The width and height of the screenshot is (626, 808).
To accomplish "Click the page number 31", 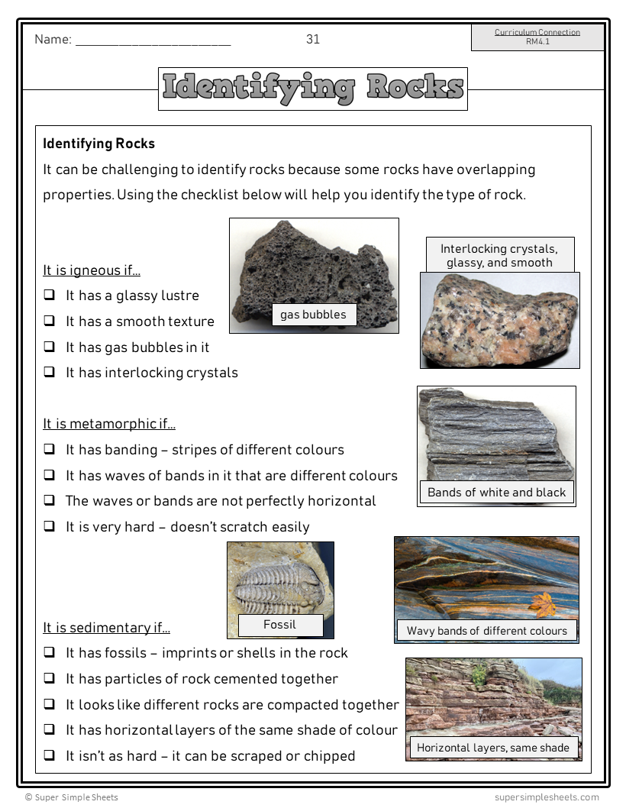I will coord(313,40).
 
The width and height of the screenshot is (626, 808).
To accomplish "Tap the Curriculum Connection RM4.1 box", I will coord(537,37).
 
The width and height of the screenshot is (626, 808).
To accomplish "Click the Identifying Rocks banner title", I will coord(313,89).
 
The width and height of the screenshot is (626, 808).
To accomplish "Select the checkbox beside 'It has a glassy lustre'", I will coord(49,296).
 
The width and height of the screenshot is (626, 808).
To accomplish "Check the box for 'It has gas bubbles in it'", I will coord(49,347).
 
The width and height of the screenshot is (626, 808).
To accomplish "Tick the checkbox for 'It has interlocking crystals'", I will coord(49,373).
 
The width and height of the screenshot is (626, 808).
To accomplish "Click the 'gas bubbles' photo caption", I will coord(313,315).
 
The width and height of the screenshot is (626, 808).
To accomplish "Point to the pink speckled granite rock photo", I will coord(499,321).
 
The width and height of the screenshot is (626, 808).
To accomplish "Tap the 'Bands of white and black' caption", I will coord(497,493).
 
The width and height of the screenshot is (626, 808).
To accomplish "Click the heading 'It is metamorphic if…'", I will coord(109,424).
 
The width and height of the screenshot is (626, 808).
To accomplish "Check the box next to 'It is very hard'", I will coord(49,527).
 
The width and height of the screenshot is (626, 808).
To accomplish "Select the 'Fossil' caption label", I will coord(279,625).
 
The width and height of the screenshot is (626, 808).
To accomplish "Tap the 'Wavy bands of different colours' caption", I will coord(487,631).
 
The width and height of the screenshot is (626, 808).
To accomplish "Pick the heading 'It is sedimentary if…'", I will coord(106,628).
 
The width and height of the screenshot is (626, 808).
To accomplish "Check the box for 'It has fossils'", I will coord(49,653).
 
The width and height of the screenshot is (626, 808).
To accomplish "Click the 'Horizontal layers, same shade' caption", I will coord(493,748).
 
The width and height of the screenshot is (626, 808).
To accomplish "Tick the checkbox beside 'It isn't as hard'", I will coord(49,756).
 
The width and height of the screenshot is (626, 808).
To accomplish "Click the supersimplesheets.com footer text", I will coord(546,797).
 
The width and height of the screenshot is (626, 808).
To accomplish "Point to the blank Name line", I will coord(153,42).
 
